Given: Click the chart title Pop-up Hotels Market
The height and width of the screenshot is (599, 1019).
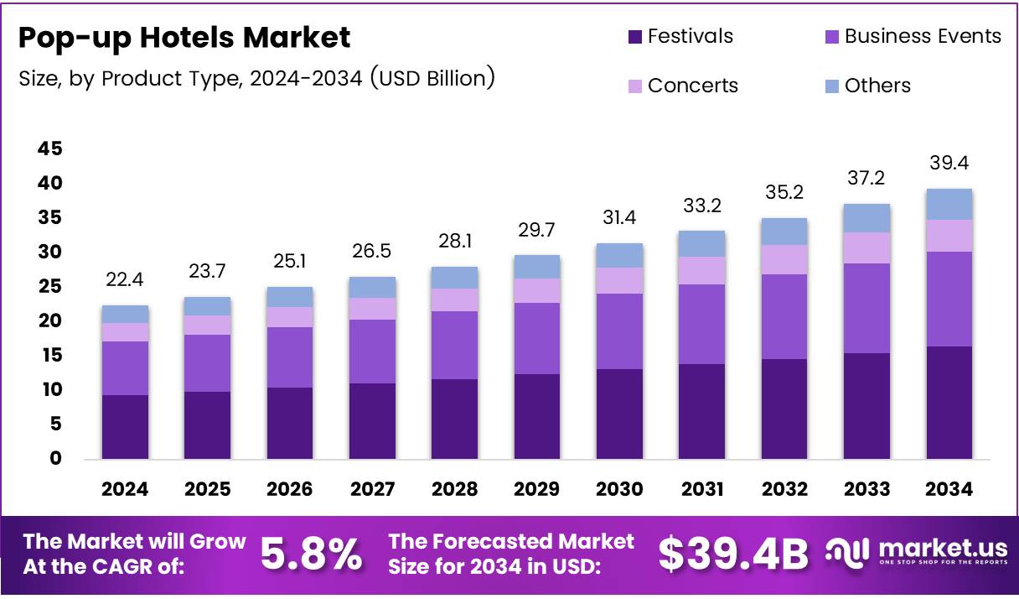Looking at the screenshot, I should click(x=184, y=38).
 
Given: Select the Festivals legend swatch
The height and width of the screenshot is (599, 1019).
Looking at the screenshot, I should click(x=634, y=37).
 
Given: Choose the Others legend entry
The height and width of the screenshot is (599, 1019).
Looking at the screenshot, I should click(x=877, y=86).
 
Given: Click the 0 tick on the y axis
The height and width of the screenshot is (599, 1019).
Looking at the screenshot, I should click(x=55, y=458).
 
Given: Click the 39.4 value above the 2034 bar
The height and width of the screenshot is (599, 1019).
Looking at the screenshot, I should click(x=949, y=163).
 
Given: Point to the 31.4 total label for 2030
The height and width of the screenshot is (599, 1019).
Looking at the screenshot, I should click(x=619, y=218).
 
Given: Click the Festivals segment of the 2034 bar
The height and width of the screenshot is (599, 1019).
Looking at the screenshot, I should click(x=949, y=403).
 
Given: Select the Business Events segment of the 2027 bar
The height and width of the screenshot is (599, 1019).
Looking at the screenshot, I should click(x=372, y=352).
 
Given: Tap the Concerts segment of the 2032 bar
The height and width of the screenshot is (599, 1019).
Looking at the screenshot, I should click(x=784, y=259).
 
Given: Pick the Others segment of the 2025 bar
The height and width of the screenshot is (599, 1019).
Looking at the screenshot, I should click(x=207, y=306).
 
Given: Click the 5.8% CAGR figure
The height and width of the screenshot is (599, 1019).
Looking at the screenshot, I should click(x=312, y=555).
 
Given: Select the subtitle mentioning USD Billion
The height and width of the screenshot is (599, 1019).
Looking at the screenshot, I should click(x=256, y=79).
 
